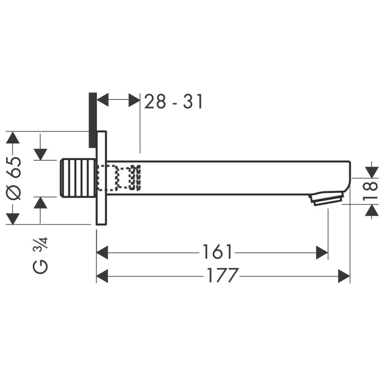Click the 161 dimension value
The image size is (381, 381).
(x=217, y=252)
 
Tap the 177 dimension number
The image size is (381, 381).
(x=222, y=275)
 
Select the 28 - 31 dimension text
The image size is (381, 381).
(x=173, y=101)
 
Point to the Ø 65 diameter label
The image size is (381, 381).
(x=14, y=178)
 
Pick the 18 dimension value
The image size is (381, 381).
(x=371, y=191)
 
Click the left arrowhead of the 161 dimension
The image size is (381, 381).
(x=102, y=252)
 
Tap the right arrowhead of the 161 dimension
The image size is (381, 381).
(x=322, y=252)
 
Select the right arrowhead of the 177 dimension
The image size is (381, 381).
(x=344, y=276)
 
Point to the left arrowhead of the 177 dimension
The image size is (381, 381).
(x=102, y=276)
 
